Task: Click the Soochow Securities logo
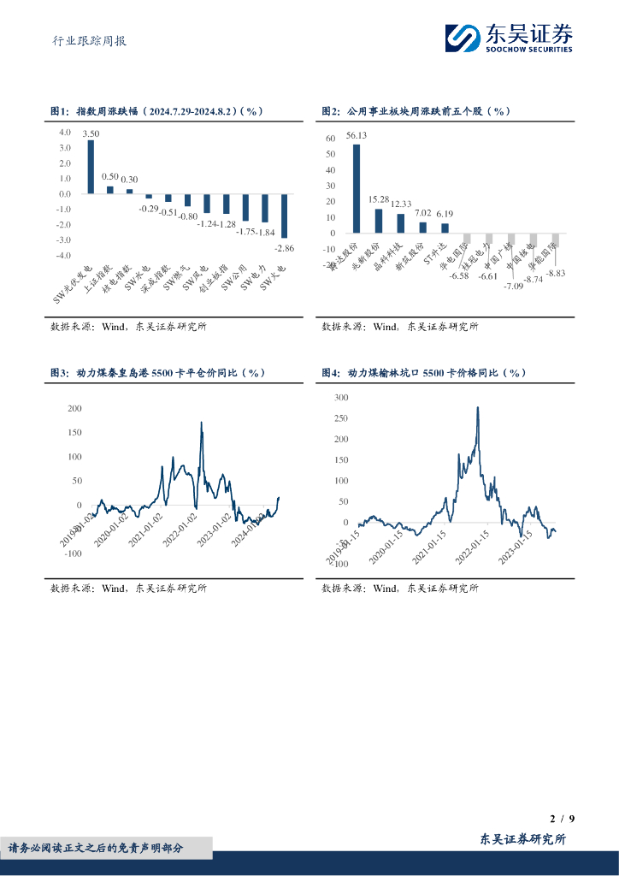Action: [508, 38]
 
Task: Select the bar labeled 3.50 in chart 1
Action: [91, 167]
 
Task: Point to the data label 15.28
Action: [379, 200]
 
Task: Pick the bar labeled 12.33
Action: [400, 222]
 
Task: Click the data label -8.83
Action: [556, 273]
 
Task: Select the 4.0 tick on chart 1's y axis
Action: [65, 133]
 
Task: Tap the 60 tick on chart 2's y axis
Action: [331, 139]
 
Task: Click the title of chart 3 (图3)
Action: [158, 373]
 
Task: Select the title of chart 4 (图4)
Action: [423, 373]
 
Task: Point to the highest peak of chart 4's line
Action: [478, 407]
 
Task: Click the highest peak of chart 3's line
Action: [202, 423]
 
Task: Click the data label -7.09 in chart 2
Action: [516, 285]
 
